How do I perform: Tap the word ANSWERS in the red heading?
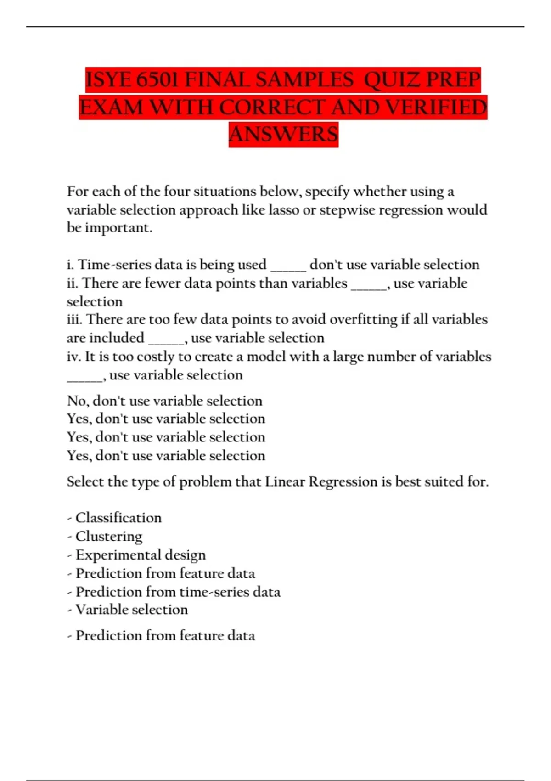point(283,135)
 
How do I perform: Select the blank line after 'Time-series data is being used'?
point(288,266)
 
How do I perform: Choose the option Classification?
point(118,518)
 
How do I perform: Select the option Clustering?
point(109,536)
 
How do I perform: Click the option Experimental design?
point(141,555)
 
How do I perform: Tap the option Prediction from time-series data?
point(178,592)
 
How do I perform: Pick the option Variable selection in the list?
point(132,610)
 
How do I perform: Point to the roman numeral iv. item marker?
point(73,357)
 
